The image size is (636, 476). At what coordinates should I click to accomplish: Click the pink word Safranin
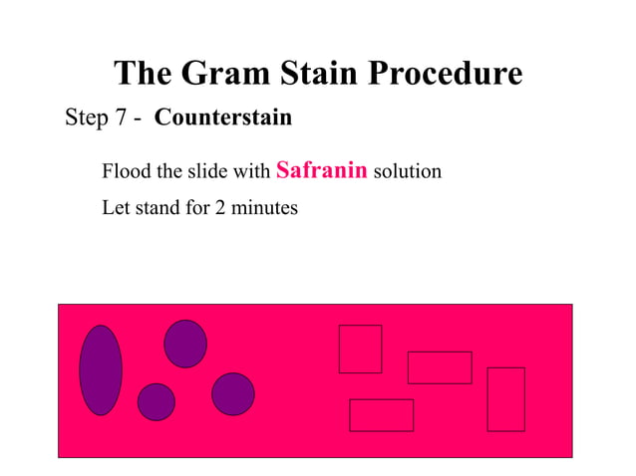coord(321,170)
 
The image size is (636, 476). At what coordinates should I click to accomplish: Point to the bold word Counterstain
coord(223,119)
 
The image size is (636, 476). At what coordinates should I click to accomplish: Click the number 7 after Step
coord(122,119)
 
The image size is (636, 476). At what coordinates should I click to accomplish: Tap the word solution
coord(408,172)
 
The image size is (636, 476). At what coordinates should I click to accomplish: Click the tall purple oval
coord(101,369)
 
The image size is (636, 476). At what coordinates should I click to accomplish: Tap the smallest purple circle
coord(156,401)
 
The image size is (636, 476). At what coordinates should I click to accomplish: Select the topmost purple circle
coord(185,344)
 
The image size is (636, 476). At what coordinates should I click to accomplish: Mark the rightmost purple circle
coord(232,393)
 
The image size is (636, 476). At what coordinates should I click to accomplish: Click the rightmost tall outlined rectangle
coord(505,399)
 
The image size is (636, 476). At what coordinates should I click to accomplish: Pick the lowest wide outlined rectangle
coord(381,415)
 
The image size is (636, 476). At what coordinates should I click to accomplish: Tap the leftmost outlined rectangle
coord(360,349)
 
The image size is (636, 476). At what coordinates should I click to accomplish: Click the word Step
coord(86,119)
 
